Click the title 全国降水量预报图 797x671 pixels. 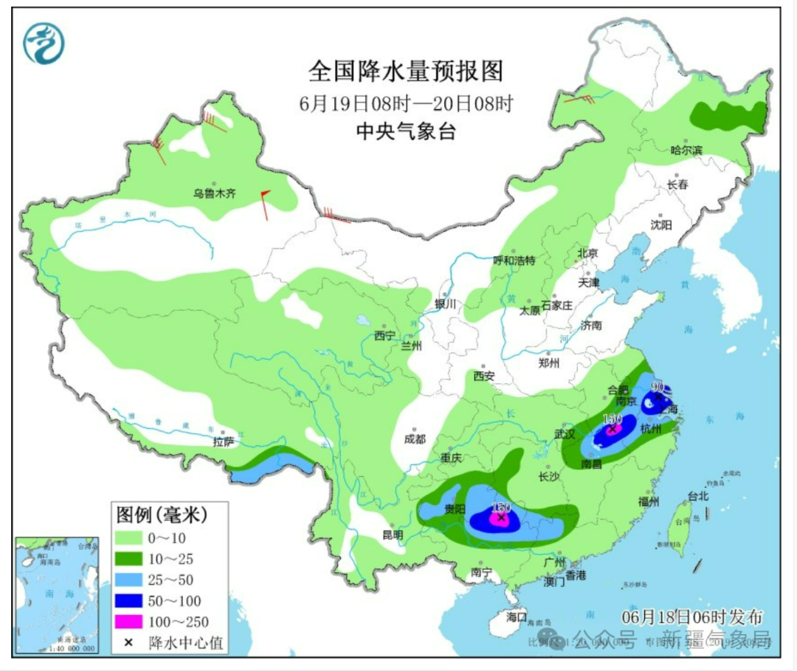(405, 72)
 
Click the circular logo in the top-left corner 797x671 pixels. (44, 44)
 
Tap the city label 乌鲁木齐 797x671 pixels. (214, 194)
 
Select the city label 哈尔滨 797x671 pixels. (686, 150)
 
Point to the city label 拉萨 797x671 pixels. (224, 441)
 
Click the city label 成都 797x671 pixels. (415, 438)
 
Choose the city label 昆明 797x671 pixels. (393, 534)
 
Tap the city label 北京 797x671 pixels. (587, 252)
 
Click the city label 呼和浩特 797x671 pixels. (514, 261)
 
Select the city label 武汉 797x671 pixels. (565, 434)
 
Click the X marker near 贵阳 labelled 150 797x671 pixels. (502, 518)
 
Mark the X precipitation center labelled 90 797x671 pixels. (658, 396)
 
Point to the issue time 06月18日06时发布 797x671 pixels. (691, 616)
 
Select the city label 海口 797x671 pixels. (517, 616)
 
